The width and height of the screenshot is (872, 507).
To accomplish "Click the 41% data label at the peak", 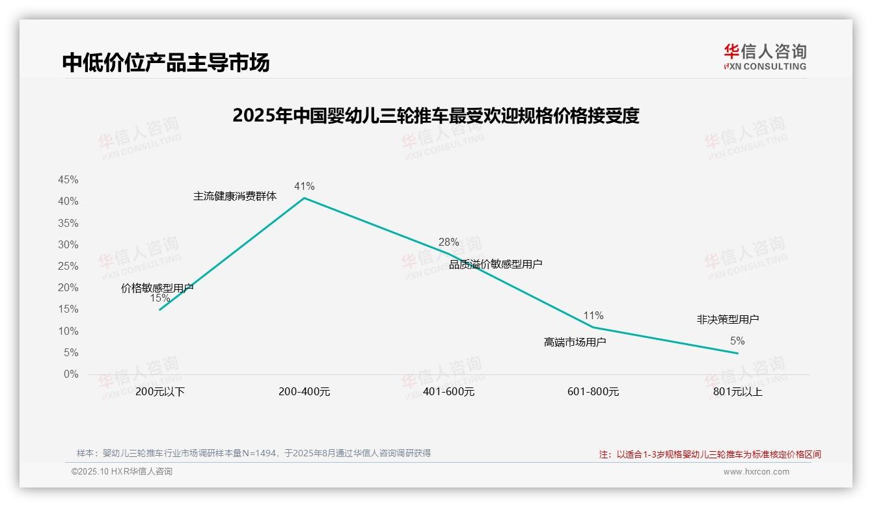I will [x=304, y=187].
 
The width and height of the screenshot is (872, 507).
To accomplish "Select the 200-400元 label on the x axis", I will [x=304, y=392].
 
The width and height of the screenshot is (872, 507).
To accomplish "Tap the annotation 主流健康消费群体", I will [x=235, y=196].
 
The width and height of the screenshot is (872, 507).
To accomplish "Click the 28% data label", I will [x=448, y=242].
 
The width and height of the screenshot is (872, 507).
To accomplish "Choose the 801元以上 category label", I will [x=737, y=392].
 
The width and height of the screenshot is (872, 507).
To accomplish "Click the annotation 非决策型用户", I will [x=728, y=320].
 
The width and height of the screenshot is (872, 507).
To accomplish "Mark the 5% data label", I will [x=737, y=341].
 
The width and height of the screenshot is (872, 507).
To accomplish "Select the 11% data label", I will [x=593, y=316].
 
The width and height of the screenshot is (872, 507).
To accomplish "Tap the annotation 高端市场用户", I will [x=575, y=342].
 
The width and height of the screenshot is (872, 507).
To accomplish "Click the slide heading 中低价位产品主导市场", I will [x=166, y=63].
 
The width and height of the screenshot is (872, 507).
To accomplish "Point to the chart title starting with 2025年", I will [x=436, y=116].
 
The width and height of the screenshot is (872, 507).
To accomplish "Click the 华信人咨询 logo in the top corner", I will [x=765, y=57].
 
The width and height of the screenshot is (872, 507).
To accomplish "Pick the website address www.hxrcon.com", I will [x=756, y=472].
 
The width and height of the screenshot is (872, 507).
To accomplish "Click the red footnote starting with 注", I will [x=710, y=454].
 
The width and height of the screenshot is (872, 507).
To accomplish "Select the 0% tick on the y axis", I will [x=71, y=374].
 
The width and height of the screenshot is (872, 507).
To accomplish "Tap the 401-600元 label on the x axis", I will [x=448, y=392].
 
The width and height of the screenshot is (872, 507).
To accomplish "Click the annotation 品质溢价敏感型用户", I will [x=496, y=265].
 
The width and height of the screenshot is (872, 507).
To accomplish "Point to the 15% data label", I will [x=159, y=298].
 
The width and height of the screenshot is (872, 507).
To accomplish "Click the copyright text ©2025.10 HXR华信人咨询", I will [x=122, y=472].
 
